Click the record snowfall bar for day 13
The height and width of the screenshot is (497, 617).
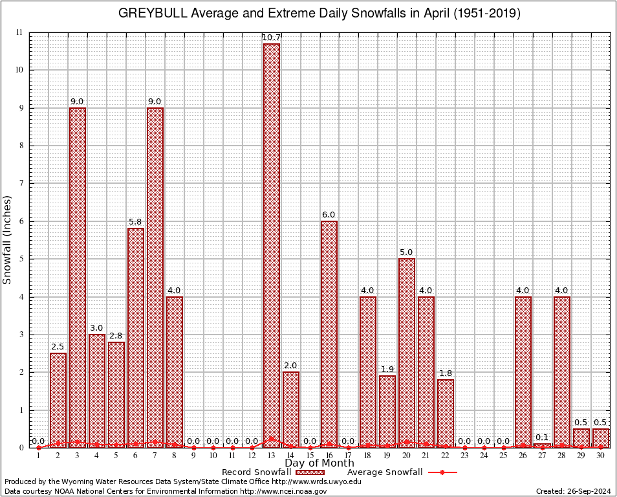(271, 246)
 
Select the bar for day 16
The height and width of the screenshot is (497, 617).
(329, 334)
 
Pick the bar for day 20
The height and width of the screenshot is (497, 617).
(407, 353)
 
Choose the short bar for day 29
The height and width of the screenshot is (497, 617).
(581, 437)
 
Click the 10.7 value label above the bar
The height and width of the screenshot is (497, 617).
(271, 38)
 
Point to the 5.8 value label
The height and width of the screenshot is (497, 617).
(135, 222)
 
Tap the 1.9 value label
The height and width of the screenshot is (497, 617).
(387, 369)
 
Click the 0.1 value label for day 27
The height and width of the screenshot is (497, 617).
(542, 437)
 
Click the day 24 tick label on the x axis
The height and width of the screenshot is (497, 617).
(484, 456)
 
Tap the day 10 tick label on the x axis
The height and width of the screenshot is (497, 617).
(213, 456)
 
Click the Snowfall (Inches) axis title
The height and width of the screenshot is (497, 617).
(8, 239)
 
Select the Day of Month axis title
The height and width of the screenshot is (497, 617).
(319, 463)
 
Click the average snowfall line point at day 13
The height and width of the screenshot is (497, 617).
(271, 439)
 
